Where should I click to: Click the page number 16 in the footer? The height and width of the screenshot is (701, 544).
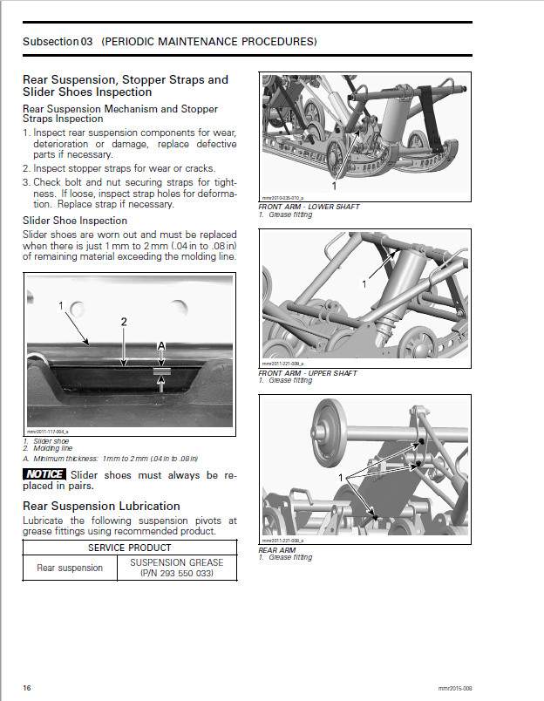pyautogui.click(x=27, y=688)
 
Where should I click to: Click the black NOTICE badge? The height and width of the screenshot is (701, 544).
pyautogui.click(x=44, y=474)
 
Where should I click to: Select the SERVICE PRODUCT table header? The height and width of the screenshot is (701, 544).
pyautogui.click(x=130, y=548)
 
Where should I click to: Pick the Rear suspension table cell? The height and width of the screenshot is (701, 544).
pyautogui.click(x=69, y=568)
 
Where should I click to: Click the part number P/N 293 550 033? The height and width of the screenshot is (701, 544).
pyautogui.click(x=177, y=574)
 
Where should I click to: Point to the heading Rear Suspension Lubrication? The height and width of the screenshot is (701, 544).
pyautogui.click(x=101, y=506)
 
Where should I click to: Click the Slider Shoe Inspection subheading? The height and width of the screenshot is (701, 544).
pyautogui.click(x=74, y=221)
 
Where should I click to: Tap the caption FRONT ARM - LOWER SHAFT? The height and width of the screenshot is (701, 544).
pyautogui.click(x=309, y=207)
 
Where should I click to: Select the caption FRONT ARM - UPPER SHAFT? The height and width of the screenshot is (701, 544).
pyautogui.click(x=308, y=373)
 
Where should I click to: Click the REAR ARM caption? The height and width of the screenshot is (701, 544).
pyautogui.click(x=278, y=550)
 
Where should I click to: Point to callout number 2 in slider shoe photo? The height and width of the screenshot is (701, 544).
pyautogui.click(x=124, y=322)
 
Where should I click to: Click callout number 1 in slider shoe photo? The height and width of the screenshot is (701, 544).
pyautogui.click(x=61, y=306)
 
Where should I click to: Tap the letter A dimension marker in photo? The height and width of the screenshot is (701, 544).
pyautogui.click(x=160, y=347)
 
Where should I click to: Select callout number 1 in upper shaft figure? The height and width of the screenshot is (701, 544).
pyautogui.click(x=364, y=284)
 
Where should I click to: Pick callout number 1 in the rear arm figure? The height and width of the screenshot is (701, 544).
pyautogui.click(x=340, y=478)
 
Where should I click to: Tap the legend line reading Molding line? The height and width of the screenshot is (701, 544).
pyautogui.click(x=51, y=448)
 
